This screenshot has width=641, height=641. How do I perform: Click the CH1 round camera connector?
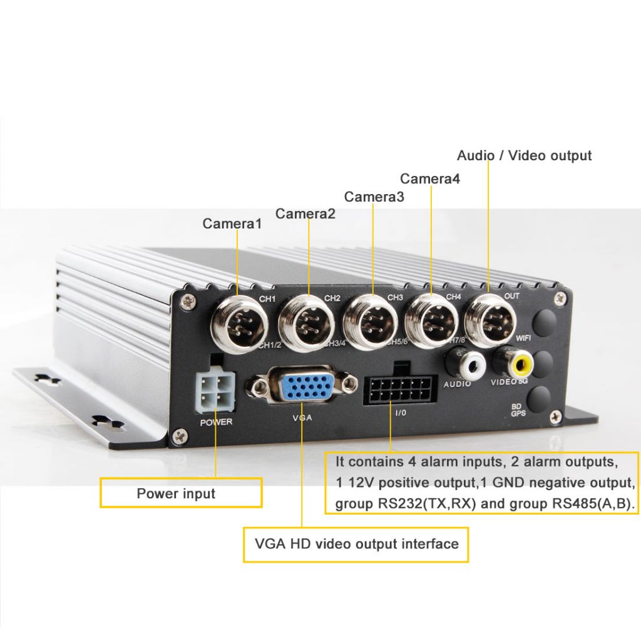click(x=240, y=324)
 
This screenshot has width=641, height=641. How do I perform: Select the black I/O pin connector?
click(x=399, y=389)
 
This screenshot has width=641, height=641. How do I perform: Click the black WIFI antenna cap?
click(x=543, y=320)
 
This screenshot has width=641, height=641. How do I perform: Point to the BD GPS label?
click(x=518, y=410)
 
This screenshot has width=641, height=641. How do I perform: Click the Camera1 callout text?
click(x=232, y=223)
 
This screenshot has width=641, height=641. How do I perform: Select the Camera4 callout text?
click(x=430, y=179)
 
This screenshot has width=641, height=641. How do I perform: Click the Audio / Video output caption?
click(x=524, y=156)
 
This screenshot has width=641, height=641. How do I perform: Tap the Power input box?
click(x=180, y=493)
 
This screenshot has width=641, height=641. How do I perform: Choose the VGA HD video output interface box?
click(x=356, y=543)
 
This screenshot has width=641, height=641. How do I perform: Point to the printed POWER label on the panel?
click(x=216, y=422)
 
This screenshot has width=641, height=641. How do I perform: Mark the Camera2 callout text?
click(x=305, y=214)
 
